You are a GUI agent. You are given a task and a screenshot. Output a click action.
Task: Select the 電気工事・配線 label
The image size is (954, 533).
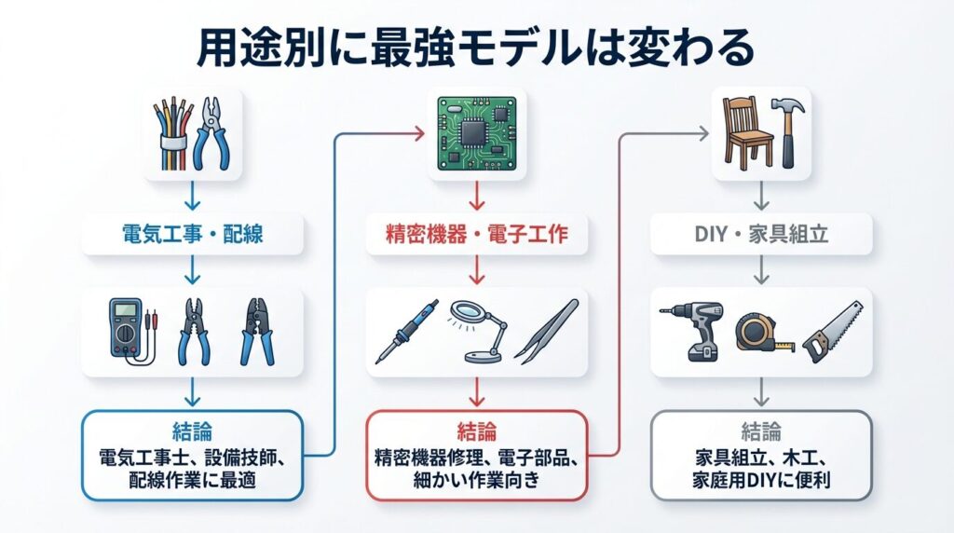tap(193, 233)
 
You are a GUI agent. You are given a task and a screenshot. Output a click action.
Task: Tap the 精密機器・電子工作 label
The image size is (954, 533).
tap(476, 235)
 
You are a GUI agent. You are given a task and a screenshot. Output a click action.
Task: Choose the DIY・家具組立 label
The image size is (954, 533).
tap(761, 233)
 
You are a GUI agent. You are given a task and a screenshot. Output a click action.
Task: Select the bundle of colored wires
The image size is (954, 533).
tap(172, 135)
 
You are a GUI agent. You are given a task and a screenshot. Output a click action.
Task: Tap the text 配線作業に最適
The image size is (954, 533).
tap(193, 483)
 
